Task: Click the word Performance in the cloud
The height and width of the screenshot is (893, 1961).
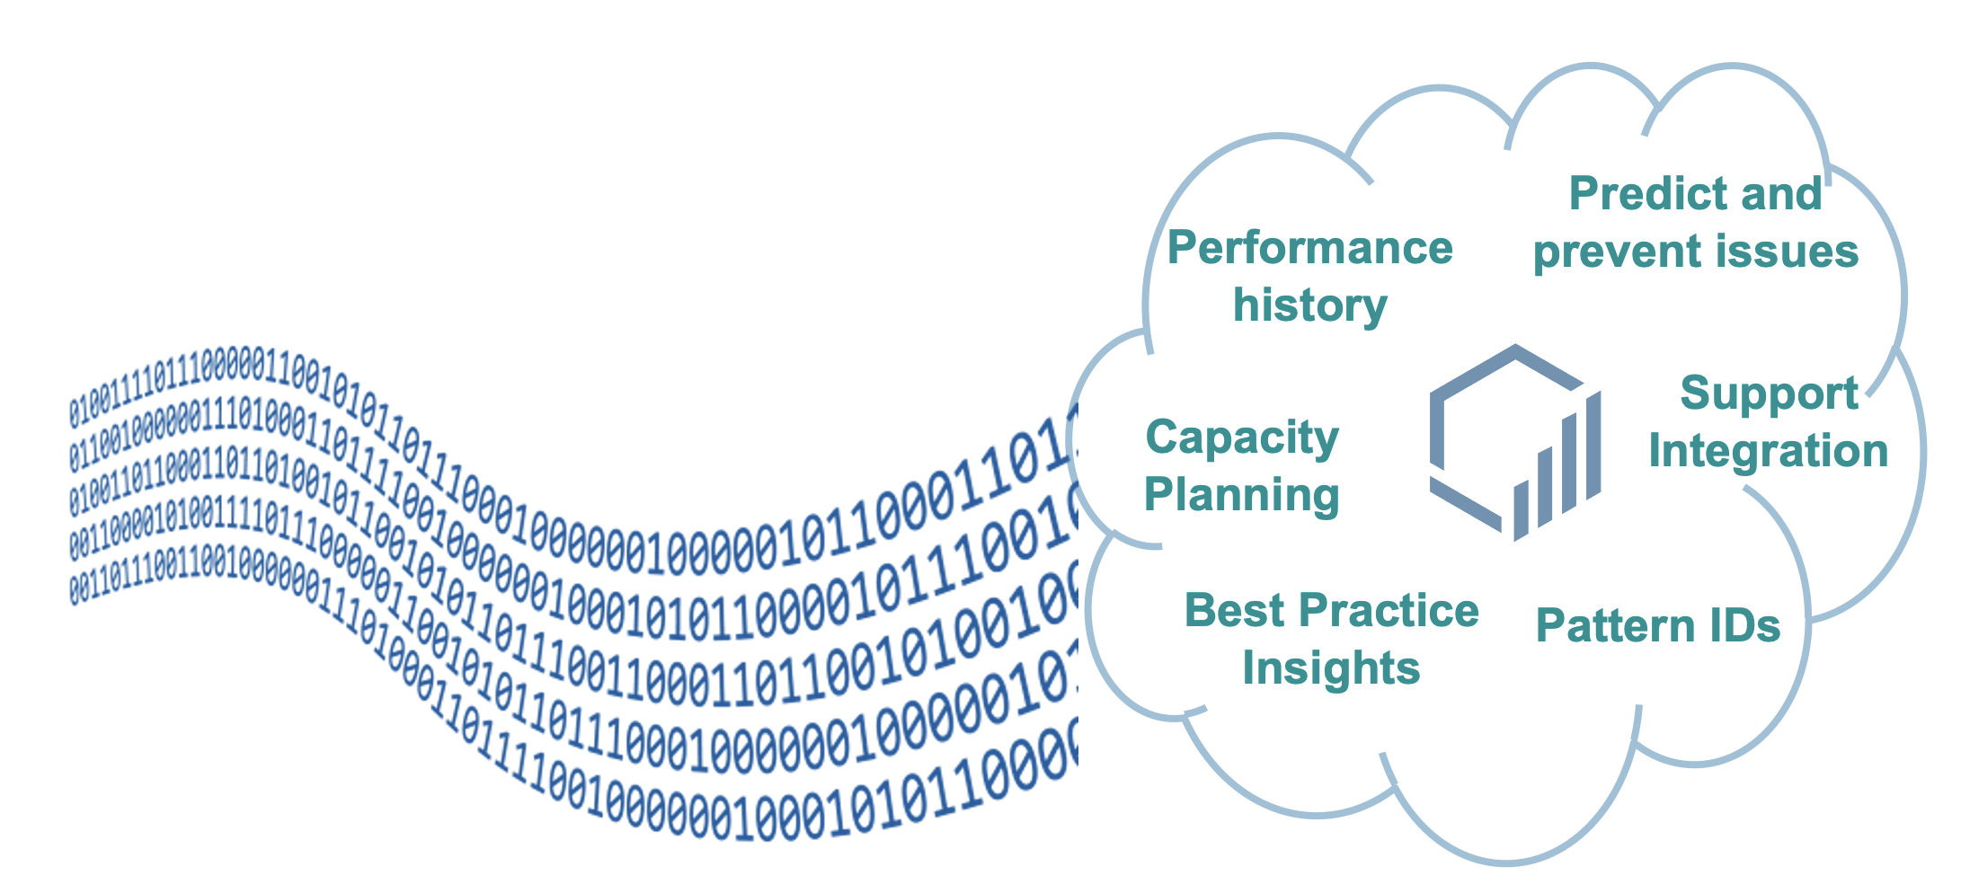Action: [x=1309, y=248]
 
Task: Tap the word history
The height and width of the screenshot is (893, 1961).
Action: [x=1309, y=305]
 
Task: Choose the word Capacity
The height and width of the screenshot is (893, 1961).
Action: [x=1242, y=439]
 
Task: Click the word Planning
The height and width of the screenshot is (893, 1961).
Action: [x=1242, y=495]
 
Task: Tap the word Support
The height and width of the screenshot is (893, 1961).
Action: [x=1769, y=394]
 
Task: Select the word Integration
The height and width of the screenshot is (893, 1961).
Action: [x=1769, y=451]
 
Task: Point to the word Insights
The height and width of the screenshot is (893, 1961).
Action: [x=1331, y=668]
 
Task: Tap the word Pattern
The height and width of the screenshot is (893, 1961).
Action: [x=1610, y=626]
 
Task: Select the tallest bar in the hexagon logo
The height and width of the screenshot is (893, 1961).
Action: [x=1593, y=446]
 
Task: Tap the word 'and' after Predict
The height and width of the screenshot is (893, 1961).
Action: [x=1783, y=194]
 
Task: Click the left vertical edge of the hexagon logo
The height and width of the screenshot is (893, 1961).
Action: [x=1436, y=431]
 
